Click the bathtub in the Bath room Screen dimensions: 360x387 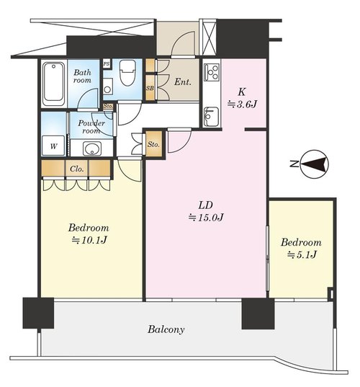click(x=54, y=84)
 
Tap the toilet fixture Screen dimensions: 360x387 click(x=127, y=73)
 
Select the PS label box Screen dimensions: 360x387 click(x=107, y=64)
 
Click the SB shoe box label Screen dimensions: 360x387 click(x=150, y=88)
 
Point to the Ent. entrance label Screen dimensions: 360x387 click(x=183, y=81)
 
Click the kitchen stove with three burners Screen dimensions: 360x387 click(x=212, y=72)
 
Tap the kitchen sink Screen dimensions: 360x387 click(x=211, y=117)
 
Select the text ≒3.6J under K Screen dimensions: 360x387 click(x=242, y=104)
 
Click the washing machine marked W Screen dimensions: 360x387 click(x=53, y=146)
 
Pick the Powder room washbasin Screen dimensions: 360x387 click(x=92, y=149)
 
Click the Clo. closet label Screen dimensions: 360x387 click(x=77, y=169)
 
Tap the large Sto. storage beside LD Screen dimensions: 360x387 click(x=153, y=144)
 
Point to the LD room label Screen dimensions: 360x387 click(x=206, y=205)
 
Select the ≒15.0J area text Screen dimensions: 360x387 click(x=206, y=218)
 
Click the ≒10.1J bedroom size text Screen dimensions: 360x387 click(x=89, y=240)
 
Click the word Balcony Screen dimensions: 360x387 click(x=166, y=329)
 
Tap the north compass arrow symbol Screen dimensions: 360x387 click(x=315, y=164)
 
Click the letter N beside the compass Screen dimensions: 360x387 click(x=294, y=164)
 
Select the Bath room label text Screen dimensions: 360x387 click(x=82, y=76)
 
